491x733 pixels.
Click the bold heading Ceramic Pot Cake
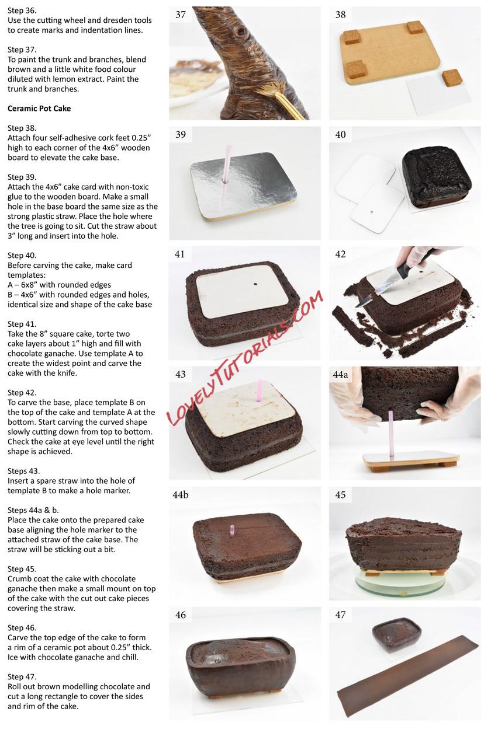tap(39, 109)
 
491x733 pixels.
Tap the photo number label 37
tap(180, 15)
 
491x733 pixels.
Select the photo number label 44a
tap(340, 375)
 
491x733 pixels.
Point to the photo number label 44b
tap(180, 495)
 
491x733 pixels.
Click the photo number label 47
tap(340, 615)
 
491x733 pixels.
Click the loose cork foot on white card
tap(452, 78)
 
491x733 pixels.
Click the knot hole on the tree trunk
tap(241, 32)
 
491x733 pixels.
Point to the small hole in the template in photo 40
tap(371, 212)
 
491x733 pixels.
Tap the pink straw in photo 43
tap(260, 390)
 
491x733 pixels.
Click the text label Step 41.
tap(22, 324)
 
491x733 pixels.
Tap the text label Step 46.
tap(22, 627)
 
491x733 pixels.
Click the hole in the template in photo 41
tap(254, 284)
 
